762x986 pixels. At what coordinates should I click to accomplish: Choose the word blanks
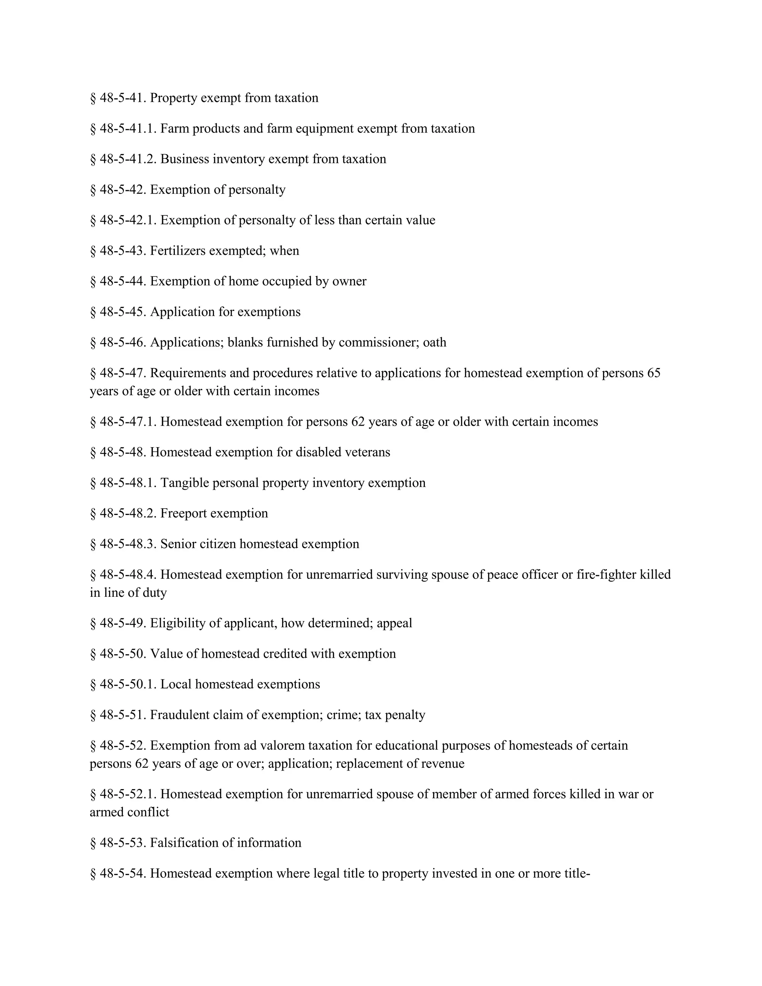coord(245,342)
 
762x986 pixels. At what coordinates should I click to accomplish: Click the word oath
coord(435,342)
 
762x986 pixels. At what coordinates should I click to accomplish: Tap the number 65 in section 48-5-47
coord(653,373)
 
